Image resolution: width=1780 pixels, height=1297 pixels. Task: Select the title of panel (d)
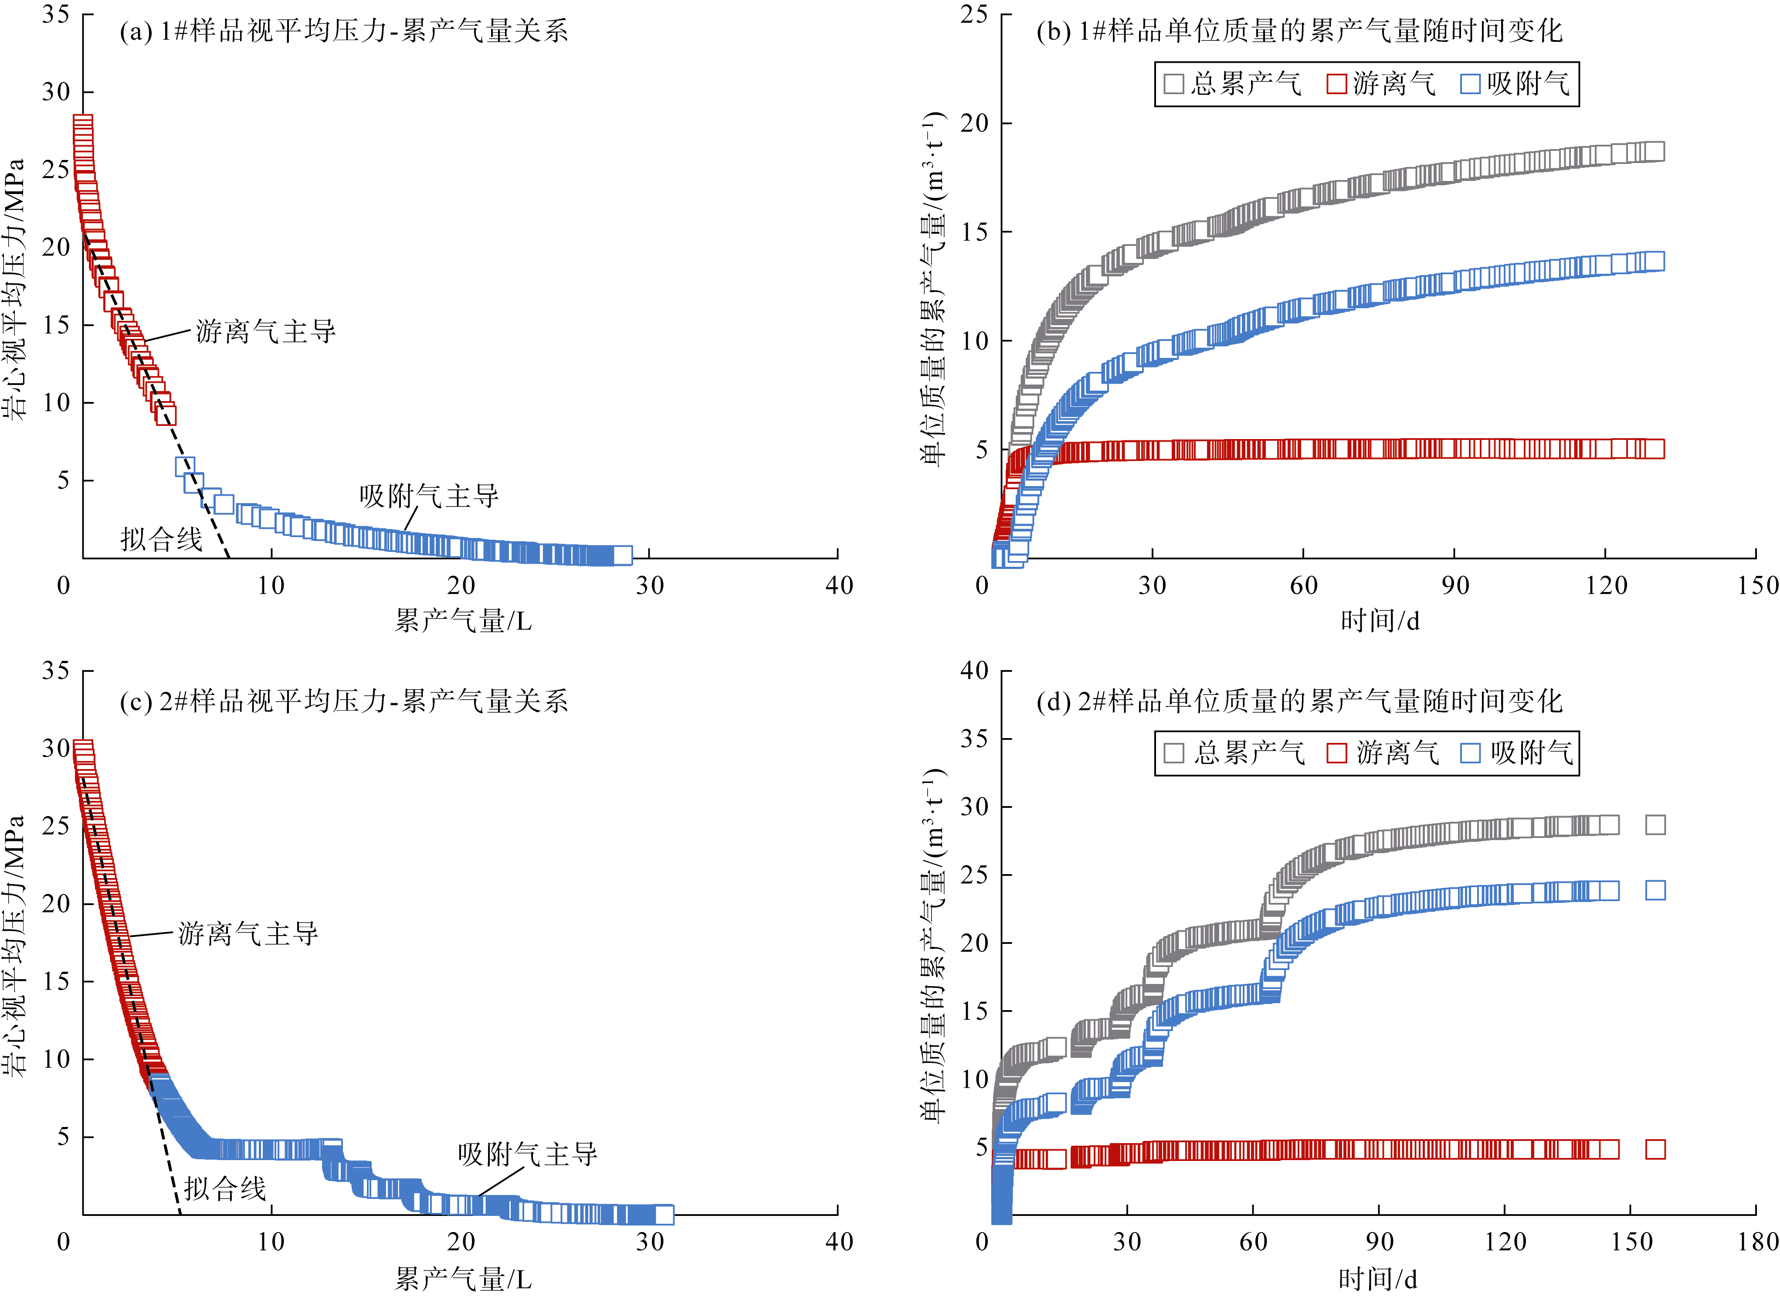click(1299, 701)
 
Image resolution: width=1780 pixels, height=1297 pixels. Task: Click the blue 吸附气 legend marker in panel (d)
click(1470, 754)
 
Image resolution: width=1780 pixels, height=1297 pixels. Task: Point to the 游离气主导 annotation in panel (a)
click(265, 331)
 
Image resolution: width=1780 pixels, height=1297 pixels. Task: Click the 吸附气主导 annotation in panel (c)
click(527, 1154)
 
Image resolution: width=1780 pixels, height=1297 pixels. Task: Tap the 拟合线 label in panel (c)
click(225, 1188)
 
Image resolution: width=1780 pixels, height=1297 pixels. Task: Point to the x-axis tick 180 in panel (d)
click(1756, 1241)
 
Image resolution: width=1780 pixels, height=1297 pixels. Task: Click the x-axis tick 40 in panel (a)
click(839, 585)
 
